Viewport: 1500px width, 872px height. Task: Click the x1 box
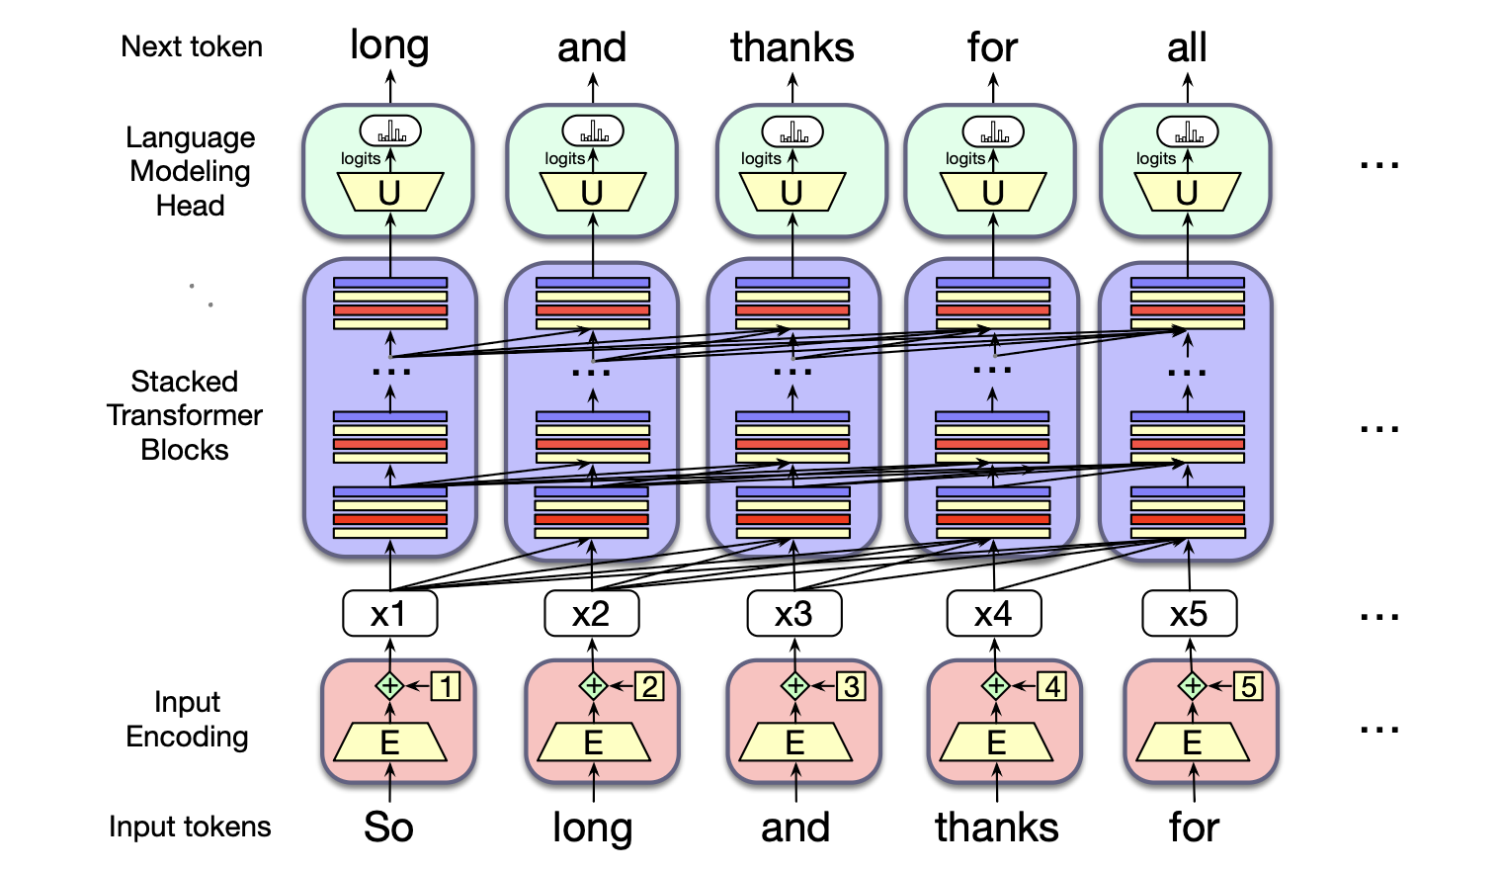[x=389, y=614]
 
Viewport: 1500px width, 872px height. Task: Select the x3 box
[x=794, y=614]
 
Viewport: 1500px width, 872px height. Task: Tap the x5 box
[x=1189, y=614]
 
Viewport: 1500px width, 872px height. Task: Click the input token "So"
[x=388, y=828]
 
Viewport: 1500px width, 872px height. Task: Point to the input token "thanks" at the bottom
[x=996, y=828]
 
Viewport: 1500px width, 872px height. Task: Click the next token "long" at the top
[x=389, y=45]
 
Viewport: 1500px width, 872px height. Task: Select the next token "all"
[x=1187, y=47]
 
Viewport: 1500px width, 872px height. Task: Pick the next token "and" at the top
[x=592, y=47]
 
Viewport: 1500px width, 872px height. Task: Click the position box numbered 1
[x=447, y=686]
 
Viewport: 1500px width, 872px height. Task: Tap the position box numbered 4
[x=1053, y=686]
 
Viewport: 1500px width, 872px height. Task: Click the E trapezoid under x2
[x=593, y=742]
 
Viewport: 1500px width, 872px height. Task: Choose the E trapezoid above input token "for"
[x=1193, y=742]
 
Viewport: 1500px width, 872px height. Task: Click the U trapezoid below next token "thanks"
[x=792, y=193]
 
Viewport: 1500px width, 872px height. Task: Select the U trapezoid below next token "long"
[x=389, y=193]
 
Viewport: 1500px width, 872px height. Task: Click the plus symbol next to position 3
[x=795, y=685]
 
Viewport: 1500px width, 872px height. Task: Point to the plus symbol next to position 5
[x=1193, y=685]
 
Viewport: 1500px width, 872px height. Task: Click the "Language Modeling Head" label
[x=191, y=171]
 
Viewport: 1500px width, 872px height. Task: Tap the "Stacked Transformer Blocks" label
[x=185, y=415]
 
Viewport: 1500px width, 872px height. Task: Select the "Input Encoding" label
[x=187, y=719]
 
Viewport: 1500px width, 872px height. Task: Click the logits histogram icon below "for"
[x=993, y=131]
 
